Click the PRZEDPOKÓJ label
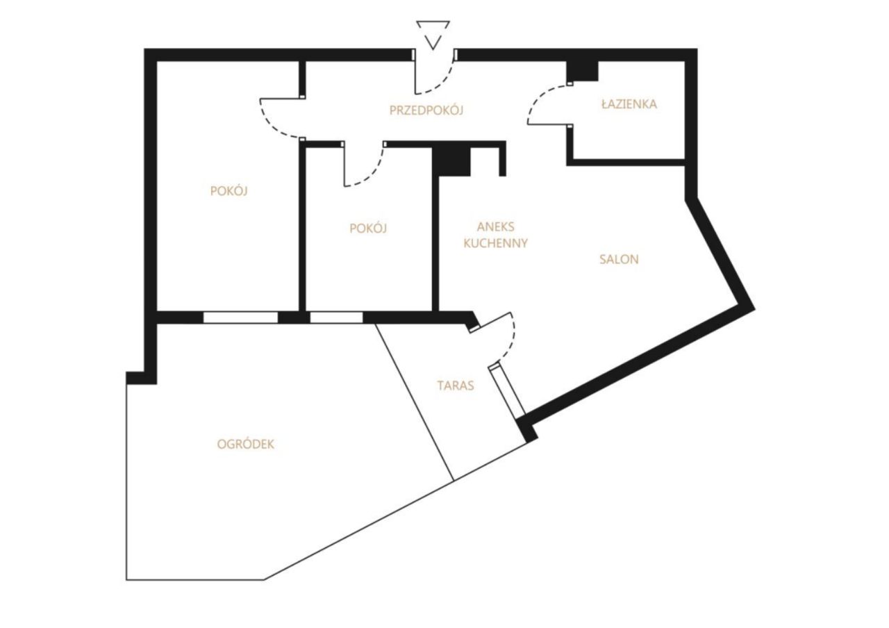(426, 110)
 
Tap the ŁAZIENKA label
(629, 104)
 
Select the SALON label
(619, 259)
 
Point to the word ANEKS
(495, 226)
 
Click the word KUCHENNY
(495, 243)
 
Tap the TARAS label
(456, 386)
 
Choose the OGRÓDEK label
(246, 444)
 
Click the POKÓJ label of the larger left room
(229, 191)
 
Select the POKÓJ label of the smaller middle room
(368, 228)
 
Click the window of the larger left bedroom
(240, 317)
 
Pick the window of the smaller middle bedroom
(336, 317)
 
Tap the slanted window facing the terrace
(508, 390)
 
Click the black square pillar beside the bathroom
(582, 72)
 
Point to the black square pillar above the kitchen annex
(451, 162)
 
